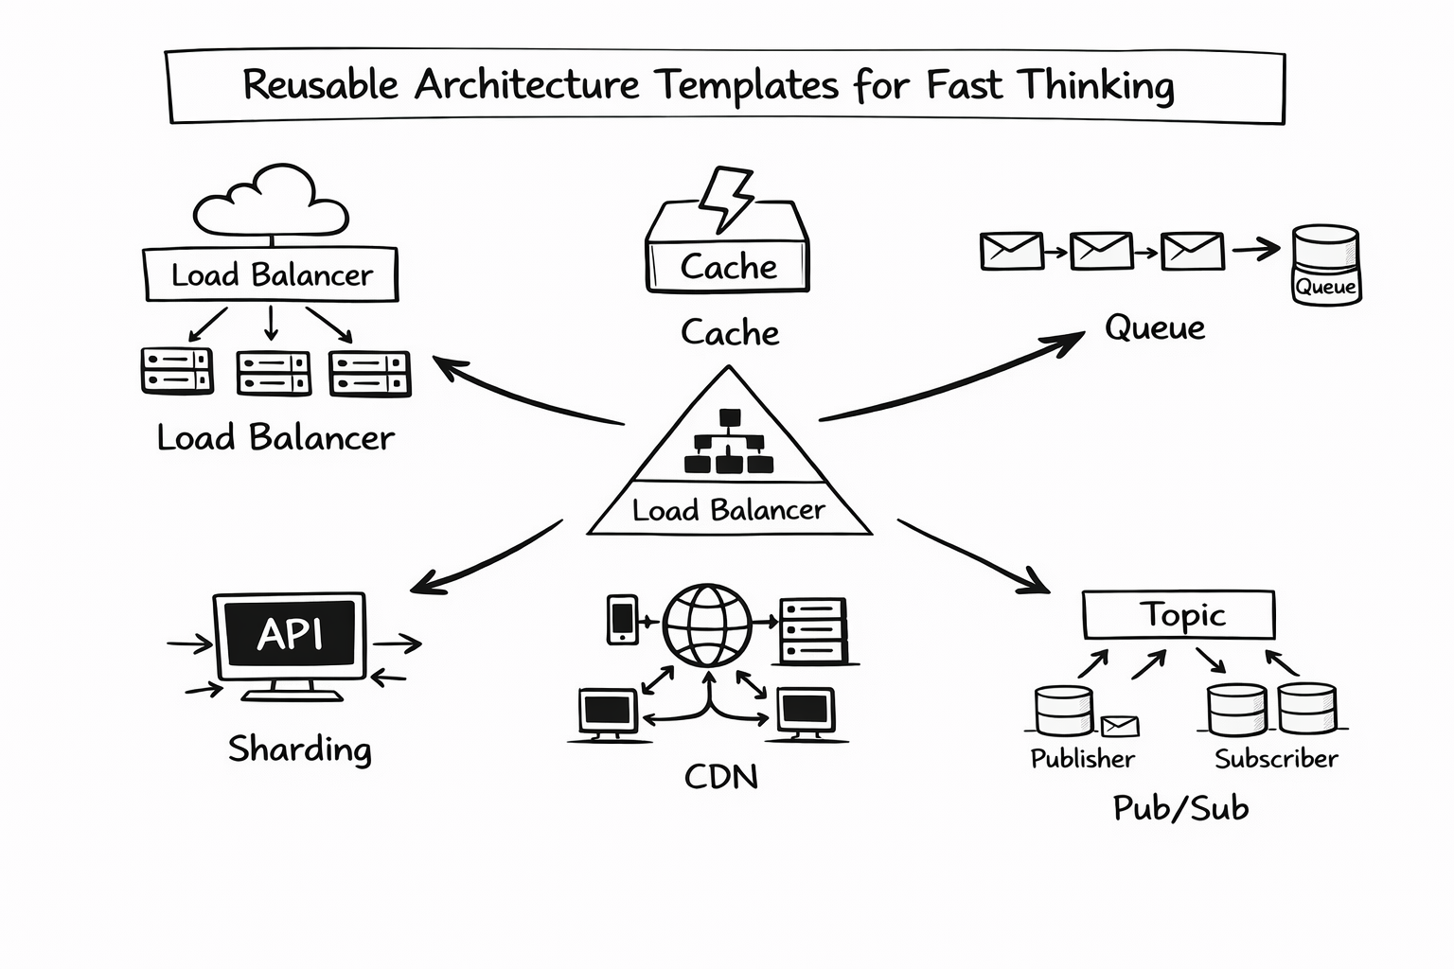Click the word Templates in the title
click(x=748, y=85)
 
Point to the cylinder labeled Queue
click(x=1325, y=264)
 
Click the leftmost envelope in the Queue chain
click(x=1011, y=252)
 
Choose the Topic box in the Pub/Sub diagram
click(x=1179, y=615)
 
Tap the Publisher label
click(x=1082, y=759)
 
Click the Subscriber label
click(x=1276, y=759)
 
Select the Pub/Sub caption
click(x=1180, y=808)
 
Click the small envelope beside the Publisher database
click(x=1120, y=727)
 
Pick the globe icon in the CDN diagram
click(x=707, y=625)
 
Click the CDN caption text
click(x=721, y=778)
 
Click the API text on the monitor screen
click(x=290, y=634)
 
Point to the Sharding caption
click(x=300, y=749)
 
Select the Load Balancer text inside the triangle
click(x=728, y=511)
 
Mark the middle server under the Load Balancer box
click(x=274, y=373)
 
